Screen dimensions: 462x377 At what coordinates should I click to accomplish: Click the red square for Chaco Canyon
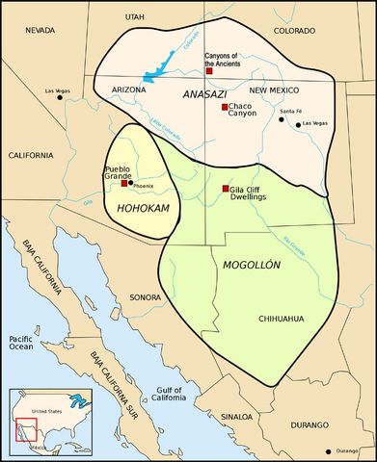pos(225,107)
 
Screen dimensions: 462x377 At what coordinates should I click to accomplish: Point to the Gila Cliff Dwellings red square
pos(226,189)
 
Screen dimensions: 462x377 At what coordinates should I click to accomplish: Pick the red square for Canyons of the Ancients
pos(209,70)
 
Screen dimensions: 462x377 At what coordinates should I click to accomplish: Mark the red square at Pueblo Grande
pos(124,183)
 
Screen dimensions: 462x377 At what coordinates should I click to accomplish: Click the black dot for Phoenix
pos(130,183)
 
